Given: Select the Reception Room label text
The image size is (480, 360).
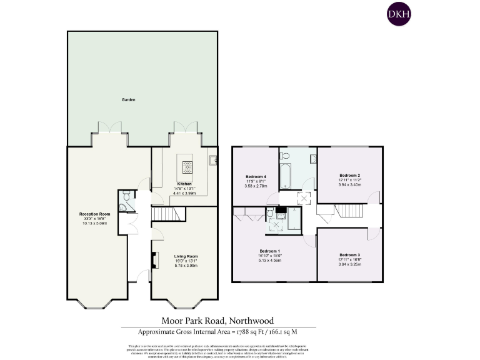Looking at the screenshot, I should (94, 214).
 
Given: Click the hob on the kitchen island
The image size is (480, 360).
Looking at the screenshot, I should (187, 166).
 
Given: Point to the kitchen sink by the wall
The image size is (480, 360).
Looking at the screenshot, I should (214, 161).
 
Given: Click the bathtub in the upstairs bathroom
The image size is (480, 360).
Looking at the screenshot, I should (285, 176).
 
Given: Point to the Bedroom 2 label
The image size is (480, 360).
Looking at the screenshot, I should (350, 176).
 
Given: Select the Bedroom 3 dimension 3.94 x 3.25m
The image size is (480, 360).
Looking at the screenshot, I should (350, 264).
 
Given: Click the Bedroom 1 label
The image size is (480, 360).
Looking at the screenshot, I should (270, 251).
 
